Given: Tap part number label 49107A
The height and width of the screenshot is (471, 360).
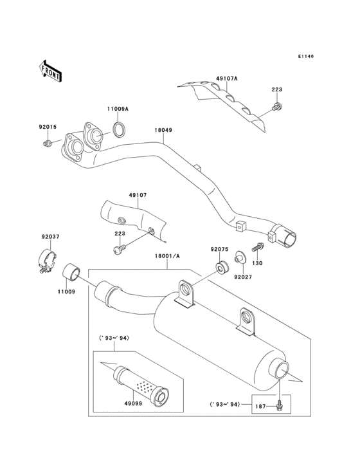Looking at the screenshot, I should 227,78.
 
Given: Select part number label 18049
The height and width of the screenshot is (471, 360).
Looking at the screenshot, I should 163,130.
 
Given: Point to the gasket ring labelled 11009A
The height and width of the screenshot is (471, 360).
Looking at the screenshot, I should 119,131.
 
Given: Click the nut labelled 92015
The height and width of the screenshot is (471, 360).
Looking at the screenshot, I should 48,143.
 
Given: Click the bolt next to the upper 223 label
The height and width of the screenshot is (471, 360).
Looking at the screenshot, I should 276,106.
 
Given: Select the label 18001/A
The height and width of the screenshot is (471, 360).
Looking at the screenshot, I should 167,256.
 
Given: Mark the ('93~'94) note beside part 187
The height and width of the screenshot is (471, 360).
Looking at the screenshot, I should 225,405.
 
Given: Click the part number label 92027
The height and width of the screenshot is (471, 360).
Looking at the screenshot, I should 242,277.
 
